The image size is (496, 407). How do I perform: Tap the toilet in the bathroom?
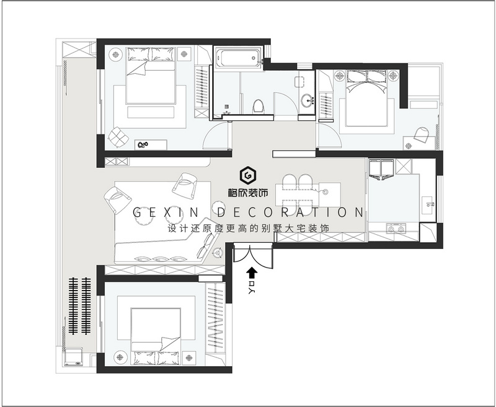pyautogui.click(x=258, y=106)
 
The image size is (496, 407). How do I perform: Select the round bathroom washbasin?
pyautogui.click(x=306, y=101)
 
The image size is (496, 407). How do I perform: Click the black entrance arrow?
pyautogui.click(x=252, y=273)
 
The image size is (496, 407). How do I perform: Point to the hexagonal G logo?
pyautogui.click(x=247, y=175)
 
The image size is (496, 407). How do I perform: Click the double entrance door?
pyautogui.click(x=253, y=256)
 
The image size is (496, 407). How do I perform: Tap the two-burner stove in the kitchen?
pyautogui.click(x=396, y=228)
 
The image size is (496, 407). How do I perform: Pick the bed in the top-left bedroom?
pyautogui.click(x=151, y=76)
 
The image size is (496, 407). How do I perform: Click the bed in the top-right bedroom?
pyautogui.click(x=366, y=98)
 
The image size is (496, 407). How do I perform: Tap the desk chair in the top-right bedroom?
pyautogui.click(x=422, y=134)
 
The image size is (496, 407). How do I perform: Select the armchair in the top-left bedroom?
pyautogui.click(x=118, y=137)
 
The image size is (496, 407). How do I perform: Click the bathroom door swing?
pyautogui.click(x=285, y=103)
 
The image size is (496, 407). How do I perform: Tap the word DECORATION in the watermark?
pyautogui.click(x=291, y=212)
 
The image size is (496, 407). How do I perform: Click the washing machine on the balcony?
pyautogui.click(x=74, y=357)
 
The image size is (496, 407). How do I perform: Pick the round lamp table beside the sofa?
pyautogui.click(x=218, y=253)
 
